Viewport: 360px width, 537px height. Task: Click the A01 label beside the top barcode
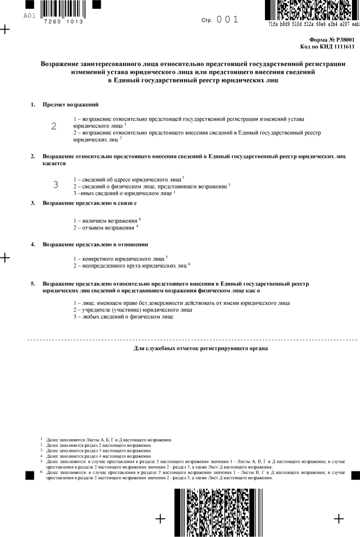[x=29, y=16]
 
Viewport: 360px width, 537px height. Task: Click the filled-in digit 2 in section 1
[x=54, y=126]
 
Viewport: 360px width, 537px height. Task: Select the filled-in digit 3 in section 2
[x=56, y=184]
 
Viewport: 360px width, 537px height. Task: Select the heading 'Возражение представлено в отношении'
[x=96, y=244]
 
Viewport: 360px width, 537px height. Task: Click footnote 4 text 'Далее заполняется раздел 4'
[x=99, y=456]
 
